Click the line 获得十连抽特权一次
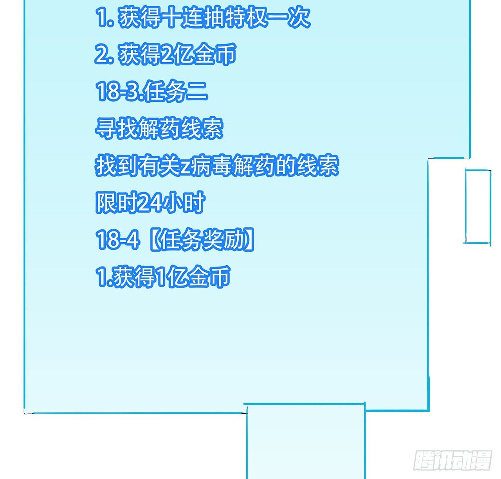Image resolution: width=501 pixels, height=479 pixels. pos(203,18)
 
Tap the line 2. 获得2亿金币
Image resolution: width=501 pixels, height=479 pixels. pos(166,54)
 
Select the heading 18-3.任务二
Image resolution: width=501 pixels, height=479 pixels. pos(151,91)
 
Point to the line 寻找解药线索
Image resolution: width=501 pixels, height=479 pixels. pos(159,128)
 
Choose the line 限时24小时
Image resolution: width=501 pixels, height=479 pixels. pos(150,202)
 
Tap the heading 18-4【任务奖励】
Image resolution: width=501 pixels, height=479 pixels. pos(175,239)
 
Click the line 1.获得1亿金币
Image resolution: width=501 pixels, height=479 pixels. pos(163,277)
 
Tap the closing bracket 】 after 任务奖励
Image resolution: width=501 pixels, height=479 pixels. pos(249,239)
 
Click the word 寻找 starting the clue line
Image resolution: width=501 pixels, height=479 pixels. pos(116,128)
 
